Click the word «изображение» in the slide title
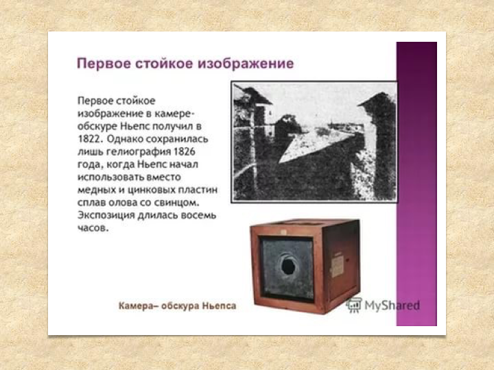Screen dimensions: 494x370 click(246, 63)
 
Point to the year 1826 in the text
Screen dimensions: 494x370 click(185, 151)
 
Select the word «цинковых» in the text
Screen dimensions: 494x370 click(151, 190)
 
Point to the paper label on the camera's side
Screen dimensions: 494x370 click(337, 266)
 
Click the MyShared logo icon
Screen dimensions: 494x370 click(354, 304)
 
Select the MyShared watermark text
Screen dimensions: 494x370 click(392, 305)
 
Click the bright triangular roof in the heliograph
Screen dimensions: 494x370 click(315, 149)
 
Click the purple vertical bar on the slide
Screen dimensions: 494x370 click(416, 184)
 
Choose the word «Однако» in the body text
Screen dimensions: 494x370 click(121, 139)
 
